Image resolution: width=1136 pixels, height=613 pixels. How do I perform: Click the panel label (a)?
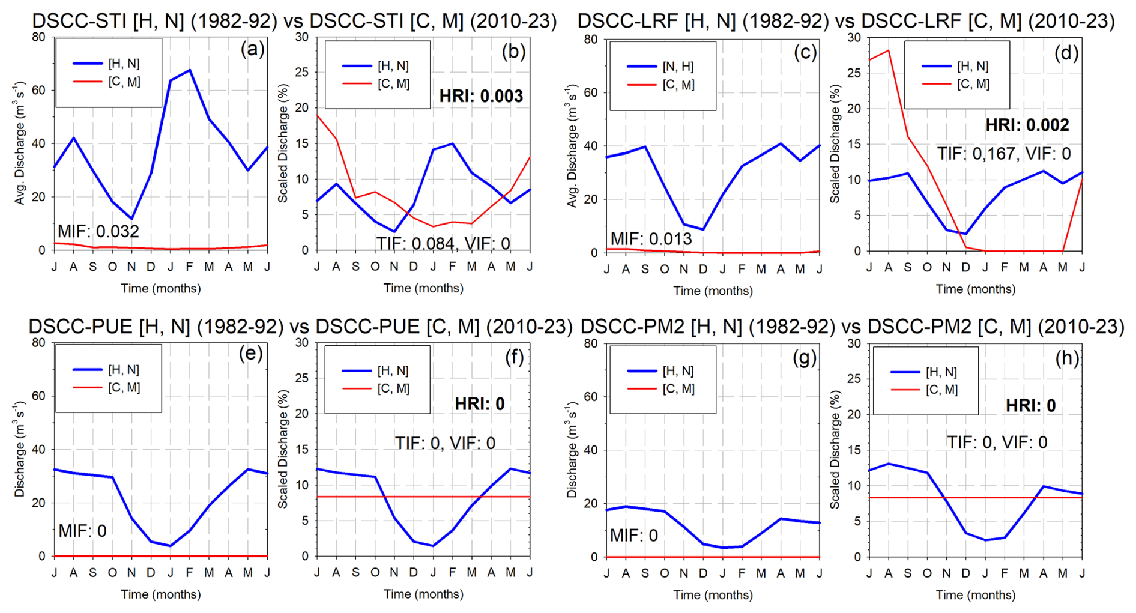[x=252, y=49]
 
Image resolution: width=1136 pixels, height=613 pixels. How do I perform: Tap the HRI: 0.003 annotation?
[x=481, y=96]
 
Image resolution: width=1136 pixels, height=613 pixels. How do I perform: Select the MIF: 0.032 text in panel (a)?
[x=98, y=231]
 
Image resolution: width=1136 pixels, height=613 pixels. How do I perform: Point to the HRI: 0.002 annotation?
[x=1027, y=125]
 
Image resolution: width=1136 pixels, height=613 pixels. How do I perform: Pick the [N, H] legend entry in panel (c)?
[x=678, y=67]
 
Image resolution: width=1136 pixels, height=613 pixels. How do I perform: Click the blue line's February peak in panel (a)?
[x=190, y=70]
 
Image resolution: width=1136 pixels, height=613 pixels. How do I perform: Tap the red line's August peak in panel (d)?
[x=888, y=50]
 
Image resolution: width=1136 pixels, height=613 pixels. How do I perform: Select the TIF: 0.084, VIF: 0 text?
[x=443, y=243]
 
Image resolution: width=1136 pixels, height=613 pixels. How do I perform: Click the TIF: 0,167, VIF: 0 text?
[x=1004, y=154]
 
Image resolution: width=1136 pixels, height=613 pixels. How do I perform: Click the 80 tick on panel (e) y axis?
[x=38, y=343]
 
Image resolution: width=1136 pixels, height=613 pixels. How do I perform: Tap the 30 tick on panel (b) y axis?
[x=301, y=37]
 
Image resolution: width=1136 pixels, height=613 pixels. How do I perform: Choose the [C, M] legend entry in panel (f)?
[x=393, y=389]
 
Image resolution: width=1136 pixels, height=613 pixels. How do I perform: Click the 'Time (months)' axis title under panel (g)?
[x=713, y=594]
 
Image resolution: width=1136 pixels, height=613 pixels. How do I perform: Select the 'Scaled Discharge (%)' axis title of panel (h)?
[x=835, y=450]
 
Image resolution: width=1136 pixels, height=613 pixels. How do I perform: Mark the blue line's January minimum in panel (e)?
[x=171, y=546]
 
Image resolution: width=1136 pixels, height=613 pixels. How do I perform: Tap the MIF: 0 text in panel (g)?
[x=633, y=535]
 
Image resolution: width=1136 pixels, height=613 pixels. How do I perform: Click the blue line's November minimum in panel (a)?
[x=131, y=219]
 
